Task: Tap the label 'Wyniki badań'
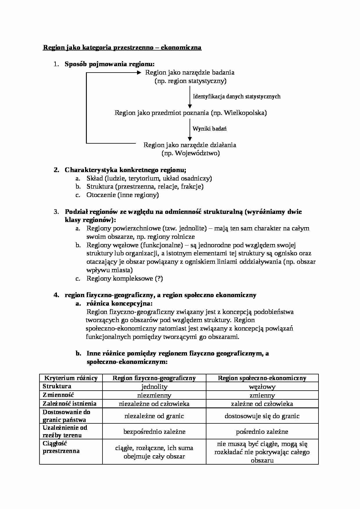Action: pyautogui.click(x=210, y=129)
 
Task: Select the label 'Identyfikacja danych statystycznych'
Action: pyautogui.click(x=237, y=97)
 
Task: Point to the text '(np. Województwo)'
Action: pyautogui.click(x=190, y=153)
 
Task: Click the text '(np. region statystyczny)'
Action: pyautogui.click(x=190, y=81)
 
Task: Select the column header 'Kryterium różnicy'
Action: pyautogui.click(x=71, y=378)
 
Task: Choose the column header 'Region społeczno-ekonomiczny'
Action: pyautogui.click(x=262, y=378)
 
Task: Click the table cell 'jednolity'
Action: pyautogui.click(x=154, y=387)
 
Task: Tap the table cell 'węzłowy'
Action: pyautogui.click(x=262, y=387)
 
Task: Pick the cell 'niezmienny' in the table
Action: pyautogui.click(x=154, y=395)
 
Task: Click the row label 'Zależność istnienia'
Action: pyautogui.click(x=69, y=404)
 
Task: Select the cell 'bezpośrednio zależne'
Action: pyautogui.click(x=154, y=432)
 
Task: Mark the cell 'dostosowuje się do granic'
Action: pyautogui.click(x=262, y=416)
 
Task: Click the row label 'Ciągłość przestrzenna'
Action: pyautogui.click(x=61, y=447)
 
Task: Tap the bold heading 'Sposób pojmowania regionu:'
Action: pyautogui.click(x=109, y=64)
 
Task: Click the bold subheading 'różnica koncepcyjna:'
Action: pyautogui.click(x=119, y=304)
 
